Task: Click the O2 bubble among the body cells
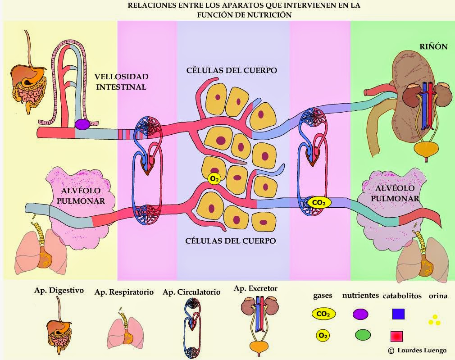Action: click(x=214, y=179)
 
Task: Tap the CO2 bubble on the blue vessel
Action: click(x=319, y=203)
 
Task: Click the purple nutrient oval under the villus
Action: click(x=82, y=124)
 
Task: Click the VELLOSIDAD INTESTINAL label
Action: click(x=121, y=82)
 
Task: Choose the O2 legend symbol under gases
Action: click(x=322, y=335)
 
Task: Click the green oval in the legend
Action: click(x=363, y=335)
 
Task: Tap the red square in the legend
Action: click(x=397, y=336)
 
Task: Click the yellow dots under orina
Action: click(x=434, y=320)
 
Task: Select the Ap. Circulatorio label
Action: click(x=191, y=292)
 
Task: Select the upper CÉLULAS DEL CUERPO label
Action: click(x=232, y=71)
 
